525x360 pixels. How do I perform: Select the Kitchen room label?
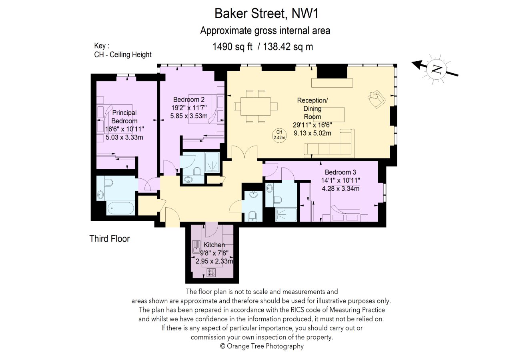[x=214, y=245]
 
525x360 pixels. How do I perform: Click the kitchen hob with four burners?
[x=211, y=273]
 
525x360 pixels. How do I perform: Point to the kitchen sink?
[x=196, y=247]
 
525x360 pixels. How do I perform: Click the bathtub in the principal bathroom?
[x=121, y=208]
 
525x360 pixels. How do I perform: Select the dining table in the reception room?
[x=255, y=106]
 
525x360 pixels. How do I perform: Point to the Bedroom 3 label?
[x=340, y=172]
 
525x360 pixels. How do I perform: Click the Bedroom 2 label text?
[x=189, y=100]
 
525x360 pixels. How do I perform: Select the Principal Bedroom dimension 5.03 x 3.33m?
[x=124, y=137]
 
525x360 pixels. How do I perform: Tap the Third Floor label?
[x=110, y=239]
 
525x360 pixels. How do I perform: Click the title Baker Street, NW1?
[x=267, y=13]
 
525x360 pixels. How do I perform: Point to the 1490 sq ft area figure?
[x=232, y=47]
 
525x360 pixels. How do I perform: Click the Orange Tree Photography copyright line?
[x=262, y=346]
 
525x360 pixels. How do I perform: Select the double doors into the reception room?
[x=244, y=153]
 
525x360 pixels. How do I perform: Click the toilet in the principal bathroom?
[x=109, y=182]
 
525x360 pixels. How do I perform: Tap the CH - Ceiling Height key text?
[x=122, y=54]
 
